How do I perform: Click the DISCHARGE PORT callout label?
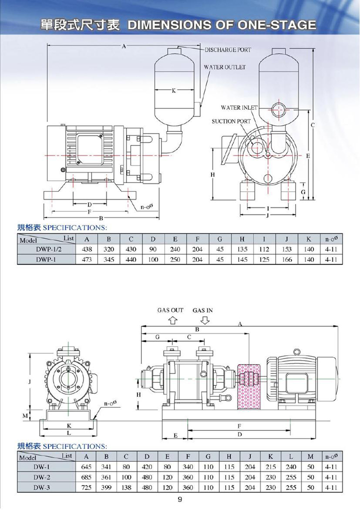click(227, 50)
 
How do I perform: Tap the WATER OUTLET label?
click(224, 67)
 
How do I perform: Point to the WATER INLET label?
click(239, 108)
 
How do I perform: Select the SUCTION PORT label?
click(231, 121)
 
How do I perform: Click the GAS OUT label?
click(170, 310)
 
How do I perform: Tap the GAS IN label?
click(202, 310)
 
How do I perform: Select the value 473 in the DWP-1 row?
click(87, 259)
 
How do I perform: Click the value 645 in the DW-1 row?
click(86, 466)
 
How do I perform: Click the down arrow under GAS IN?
click(204, 320)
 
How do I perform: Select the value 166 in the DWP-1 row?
click(287, 259)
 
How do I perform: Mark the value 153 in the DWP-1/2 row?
click(287, 249)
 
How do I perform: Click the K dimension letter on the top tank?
click(173, 91)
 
